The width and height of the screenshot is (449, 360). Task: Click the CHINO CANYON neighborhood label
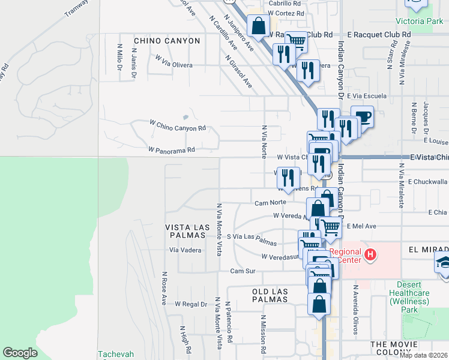pos(167,41)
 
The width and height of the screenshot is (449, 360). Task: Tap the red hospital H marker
pos(370,254)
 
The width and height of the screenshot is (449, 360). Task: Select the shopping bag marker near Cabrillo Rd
pos(258,26)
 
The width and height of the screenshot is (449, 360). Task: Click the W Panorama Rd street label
pos(172,149)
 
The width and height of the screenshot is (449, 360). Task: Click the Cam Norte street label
pos(270,203)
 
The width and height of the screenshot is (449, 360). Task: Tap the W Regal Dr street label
pos(191,304)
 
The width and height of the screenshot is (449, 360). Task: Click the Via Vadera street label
pos(185,250)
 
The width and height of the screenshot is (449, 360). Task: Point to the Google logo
pos(20,353)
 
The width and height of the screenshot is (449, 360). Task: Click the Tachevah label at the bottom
pos(115,355)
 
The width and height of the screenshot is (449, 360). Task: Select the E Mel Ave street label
pos(363,226)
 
